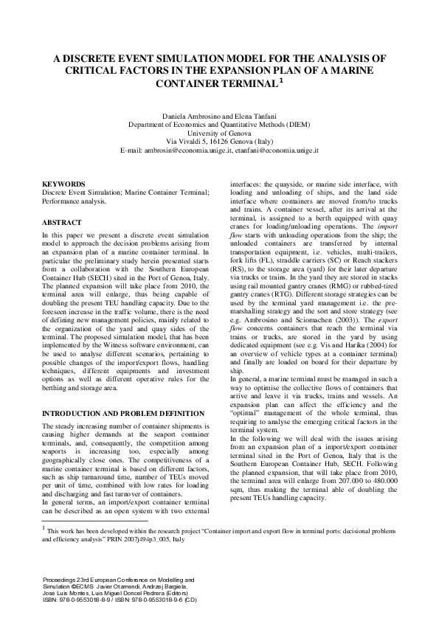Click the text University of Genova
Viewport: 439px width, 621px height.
coord(219,133)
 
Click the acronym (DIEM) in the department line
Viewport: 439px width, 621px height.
coord(296,125)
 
